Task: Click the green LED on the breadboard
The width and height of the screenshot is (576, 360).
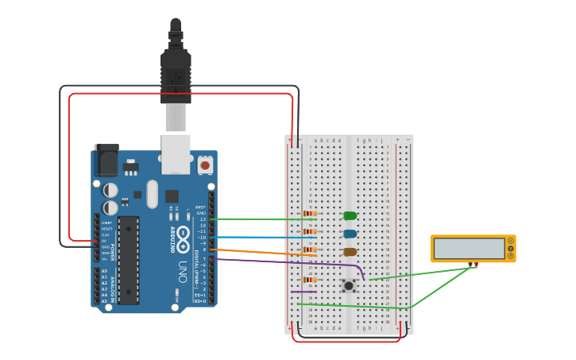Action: pyautogui.click(x=350, y=215)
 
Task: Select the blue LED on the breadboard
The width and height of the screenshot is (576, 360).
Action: pyautogui.click(x=350, y=234)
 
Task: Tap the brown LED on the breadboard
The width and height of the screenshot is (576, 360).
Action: pyautogui.click(x=350, y=252)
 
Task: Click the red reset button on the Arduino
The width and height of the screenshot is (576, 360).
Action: pyautogui.click(x=205, y=165)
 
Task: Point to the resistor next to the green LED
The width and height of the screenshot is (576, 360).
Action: pyautogui.click(x=310, y=214)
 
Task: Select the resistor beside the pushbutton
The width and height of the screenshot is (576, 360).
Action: pyautogui.click(x=310, y=280)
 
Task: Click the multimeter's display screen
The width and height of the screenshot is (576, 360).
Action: pyautogui.click(x=469, y=249)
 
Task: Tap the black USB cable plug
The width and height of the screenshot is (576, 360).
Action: pyautogui.click(x=176, y=75)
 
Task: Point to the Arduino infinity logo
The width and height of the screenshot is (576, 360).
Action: pyautogui.click(x=183, y=236)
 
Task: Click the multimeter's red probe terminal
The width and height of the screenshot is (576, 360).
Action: pyautogui.click(x=476, y=264)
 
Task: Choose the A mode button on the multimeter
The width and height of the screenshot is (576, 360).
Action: pyautogui.click(x=510, y=240)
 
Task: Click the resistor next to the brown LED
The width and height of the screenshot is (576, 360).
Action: pyautogui.click(x=310, y=250)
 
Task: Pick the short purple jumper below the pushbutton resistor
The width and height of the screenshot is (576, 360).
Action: pyautogui.click(x=303, y=292)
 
